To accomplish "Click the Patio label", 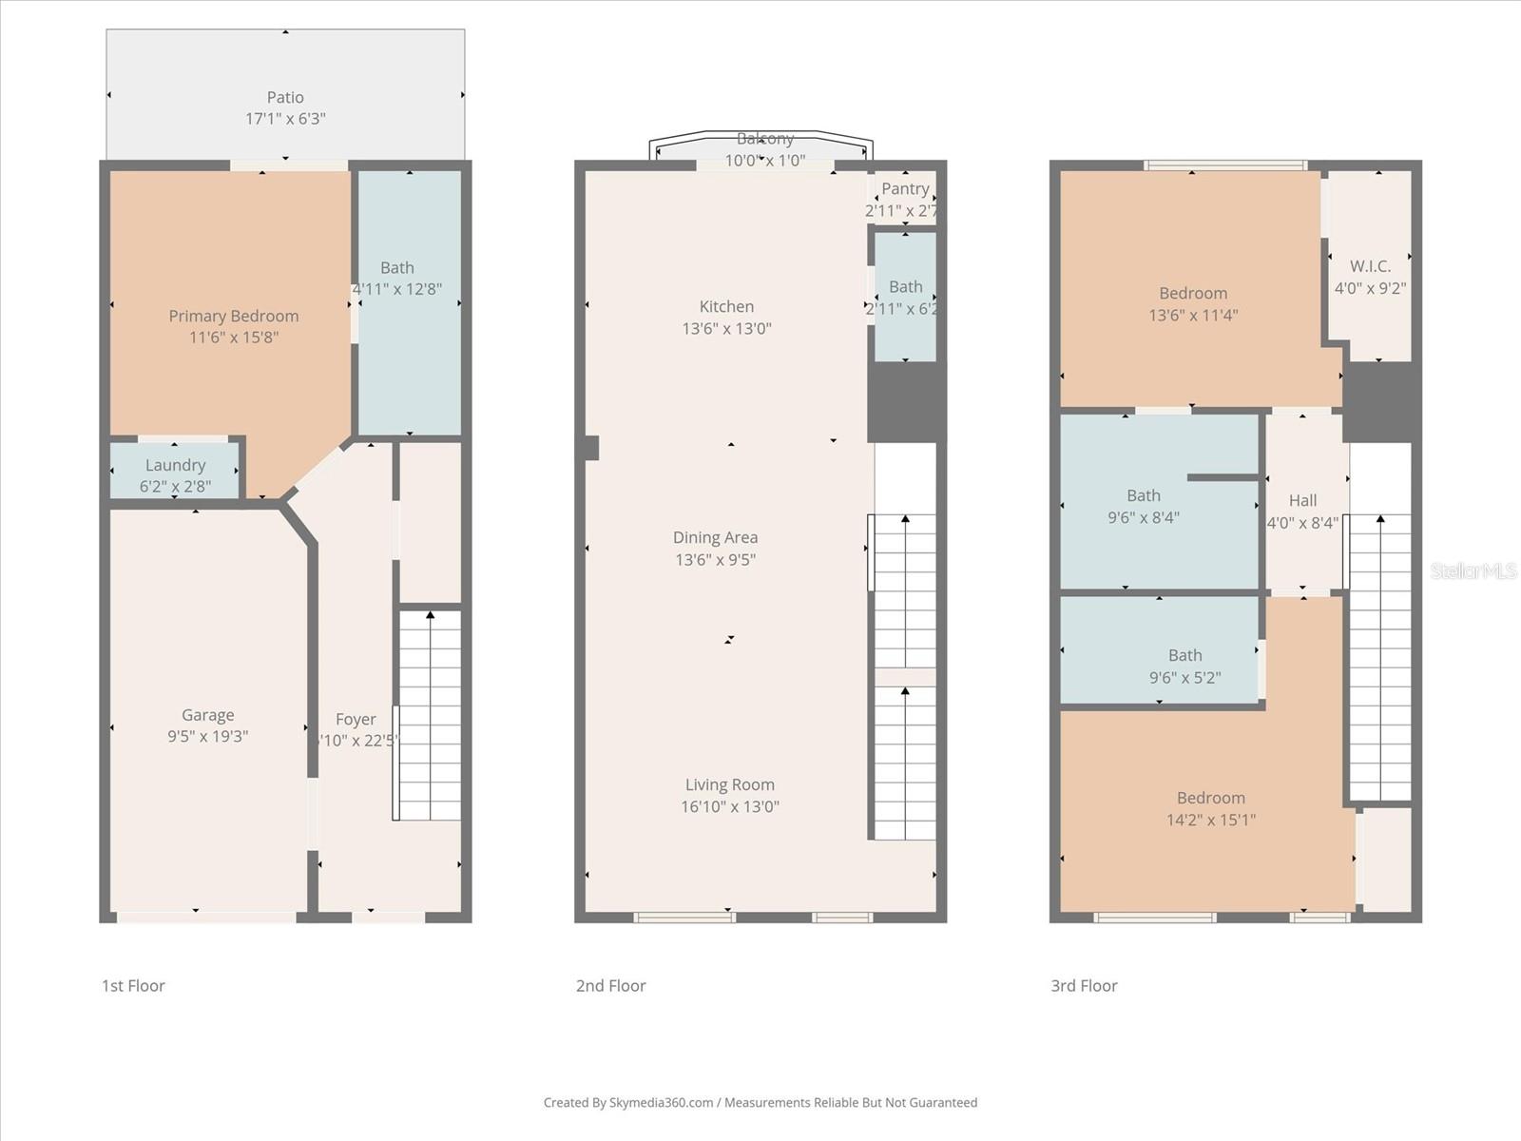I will pos(285,97).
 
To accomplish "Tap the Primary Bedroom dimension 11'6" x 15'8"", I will pos(234,338).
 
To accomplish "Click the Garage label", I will pos(207,715).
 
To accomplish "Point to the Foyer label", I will pos(356,720).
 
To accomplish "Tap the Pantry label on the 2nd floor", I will pos(904,189).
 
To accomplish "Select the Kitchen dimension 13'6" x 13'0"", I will pos(726,329).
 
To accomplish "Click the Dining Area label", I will pos(715,538).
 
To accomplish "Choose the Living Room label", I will pos(729,785).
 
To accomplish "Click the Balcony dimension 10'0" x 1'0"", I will pos(764,161).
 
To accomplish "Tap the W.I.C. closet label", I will pos(1370,267).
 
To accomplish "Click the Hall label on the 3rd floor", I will pos(1302,501).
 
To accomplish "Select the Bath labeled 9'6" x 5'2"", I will pos(1184,666).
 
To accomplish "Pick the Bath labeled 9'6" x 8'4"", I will pos(1144,506).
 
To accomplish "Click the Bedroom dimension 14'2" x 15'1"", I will pos(1210,820).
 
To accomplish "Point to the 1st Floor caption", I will pos(133,986).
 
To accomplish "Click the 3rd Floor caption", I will pos(1084,986).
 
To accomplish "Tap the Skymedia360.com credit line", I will pos(760,1103).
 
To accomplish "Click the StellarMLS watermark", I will pos(1473,570).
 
